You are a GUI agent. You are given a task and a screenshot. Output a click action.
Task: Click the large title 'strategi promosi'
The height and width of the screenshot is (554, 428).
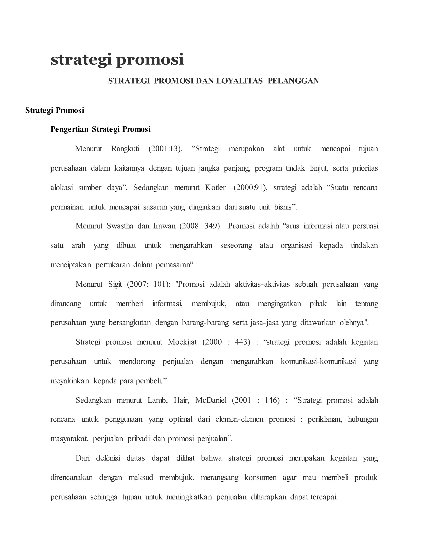click(117, 60)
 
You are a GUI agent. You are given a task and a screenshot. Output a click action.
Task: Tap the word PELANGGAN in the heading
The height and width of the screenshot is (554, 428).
click(293, 81)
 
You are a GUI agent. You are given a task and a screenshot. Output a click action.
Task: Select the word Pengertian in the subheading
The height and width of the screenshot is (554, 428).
click(69, 129)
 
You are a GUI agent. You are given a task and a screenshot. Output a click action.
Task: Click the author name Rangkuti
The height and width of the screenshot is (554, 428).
click(125, 149)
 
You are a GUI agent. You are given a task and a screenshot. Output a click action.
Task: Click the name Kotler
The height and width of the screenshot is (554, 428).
click(215, 188)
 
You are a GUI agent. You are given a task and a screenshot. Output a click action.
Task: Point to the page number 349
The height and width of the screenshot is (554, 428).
click(211, 226)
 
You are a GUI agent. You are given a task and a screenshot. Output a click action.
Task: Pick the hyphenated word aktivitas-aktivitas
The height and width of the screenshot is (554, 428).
click(262, 284)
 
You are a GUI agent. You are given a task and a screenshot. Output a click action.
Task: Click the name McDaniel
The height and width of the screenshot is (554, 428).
click(211, 401)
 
